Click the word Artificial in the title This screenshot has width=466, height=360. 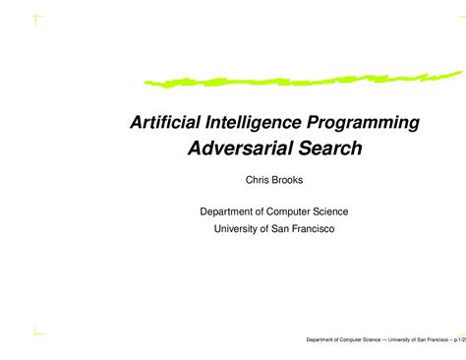point(161,123)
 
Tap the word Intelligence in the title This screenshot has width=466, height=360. point(249,123)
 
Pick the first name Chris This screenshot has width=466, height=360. point(258,180)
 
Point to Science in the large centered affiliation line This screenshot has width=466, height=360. point(348,211)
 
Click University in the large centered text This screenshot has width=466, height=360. point(238,228)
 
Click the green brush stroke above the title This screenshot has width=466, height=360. point(295,77)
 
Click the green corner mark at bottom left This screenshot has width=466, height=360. point(36,331)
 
